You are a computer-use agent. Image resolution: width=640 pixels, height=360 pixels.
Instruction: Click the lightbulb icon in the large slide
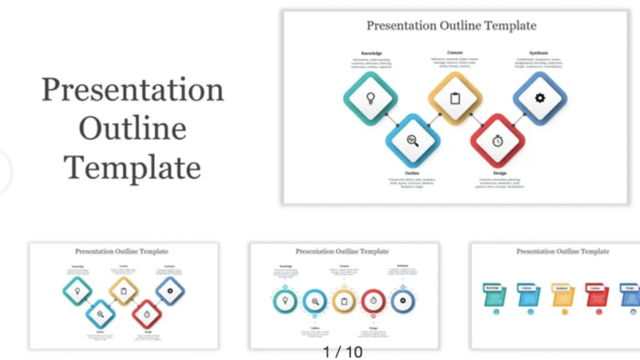370,98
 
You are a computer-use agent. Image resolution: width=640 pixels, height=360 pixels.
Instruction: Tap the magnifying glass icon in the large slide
412,140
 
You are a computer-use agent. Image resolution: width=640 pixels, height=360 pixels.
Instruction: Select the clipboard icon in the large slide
455,98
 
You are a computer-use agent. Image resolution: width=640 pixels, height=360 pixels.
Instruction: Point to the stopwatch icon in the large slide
497,140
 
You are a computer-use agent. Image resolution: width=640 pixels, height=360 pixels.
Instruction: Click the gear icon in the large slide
539,98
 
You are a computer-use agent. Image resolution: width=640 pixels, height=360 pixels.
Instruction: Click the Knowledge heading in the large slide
372,53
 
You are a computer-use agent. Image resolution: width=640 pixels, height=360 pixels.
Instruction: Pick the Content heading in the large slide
455,52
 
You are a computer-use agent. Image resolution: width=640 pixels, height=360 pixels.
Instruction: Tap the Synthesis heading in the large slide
539,52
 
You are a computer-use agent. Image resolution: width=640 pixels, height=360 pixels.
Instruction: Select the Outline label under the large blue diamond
412,173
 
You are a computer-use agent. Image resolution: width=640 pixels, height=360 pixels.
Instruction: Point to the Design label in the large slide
497,173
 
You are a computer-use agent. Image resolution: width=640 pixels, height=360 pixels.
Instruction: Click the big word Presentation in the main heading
132,90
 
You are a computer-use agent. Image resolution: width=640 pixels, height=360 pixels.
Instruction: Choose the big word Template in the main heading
132,167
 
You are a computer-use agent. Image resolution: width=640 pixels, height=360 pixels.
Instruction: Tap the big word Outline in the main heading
132,129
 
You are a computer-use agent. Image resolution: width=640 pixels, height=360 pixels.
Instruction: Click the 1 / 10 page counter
343,352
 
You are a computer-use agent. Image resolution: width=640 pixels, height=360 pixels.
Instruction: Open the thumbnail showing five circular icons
344,296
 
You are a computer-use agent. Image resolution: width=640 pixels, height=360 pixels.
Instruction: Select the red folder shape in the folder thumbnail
596,294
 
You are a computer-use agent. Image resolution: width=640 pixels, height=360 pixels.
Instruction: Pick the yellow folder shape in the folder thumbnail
562,294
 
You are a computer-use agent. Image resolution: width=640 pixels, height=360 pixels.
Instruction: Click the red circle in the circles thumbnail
373,300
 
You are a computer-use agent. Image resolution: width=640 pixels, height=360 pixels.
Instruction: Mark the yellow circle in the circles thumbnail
343,300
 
